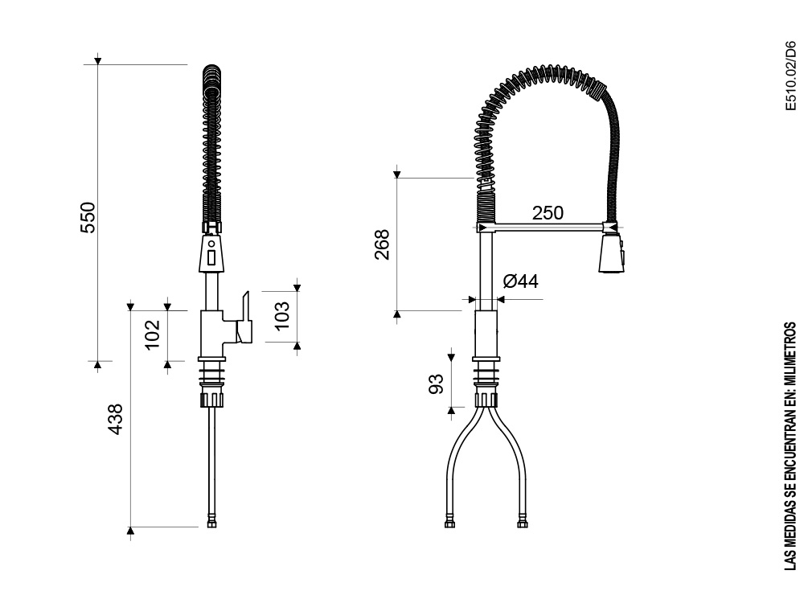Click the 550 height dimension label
tap(88, 217)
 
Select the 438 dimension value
tap(116, 420)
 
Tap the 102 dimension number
tap(153, 334)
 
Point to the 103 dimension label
tap(281, 315)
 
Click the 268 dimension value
tap(382, 244)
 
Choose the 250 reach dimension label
tap(548, 213)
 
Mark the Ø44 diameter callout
tap(521, 281)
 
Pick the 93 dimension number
tap(435, 384)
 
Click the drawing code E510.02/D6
tap(792, 76)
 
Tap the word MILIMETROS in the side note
tap(792, 354)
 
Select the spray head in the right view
tap(611, 253)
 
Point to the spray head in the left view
tap(211, 252)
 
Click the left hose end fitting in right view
tap(449, 523)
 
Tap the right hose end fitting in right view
tap(522, 523)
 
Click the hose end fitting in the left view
tap(211, 523)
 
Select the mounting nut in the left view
tap(211, 398)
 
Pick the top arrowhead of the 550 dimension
tap(97, 61)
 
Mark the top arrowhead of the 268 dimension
tap(397, 174)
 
